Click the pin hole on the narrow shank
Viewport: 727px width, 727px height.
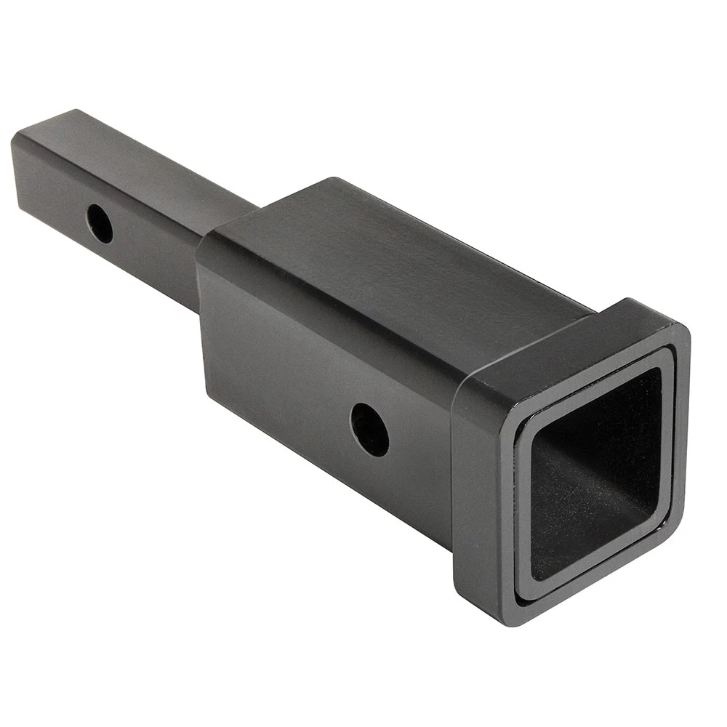pos(100,223)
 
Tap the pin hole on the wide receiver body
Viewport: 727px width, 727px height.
pos(369,429)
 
